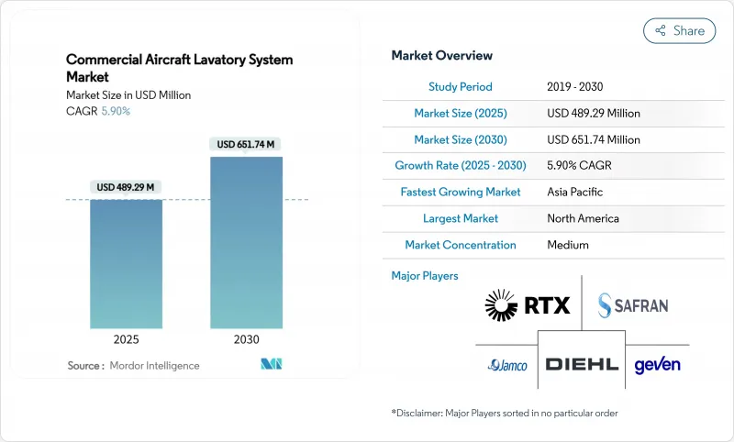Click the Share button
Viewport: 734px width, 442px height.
click(679, 30)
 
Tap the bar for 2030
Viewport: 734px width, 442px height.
click(247, 242)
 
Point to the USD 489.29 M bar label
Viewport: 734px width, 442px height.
click(127, 187)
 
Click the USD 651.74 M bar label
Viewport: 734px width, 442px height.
click(247, 144)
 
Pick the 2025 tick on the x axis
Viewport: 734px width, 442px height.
click(127, 338)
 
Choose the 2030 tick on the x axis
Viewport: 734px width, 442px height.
click(247, 338)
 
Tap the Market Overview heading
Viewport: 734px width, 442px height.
click(441, 56)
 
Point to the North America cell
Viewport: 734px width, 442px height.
click(583, 219)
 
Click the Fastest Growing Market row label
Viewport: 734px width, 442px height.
click(461, 193)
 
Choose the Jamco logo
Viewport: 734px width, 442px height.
click(507, 365)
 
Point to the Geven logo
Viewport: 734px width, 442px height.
click(657, 364)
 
